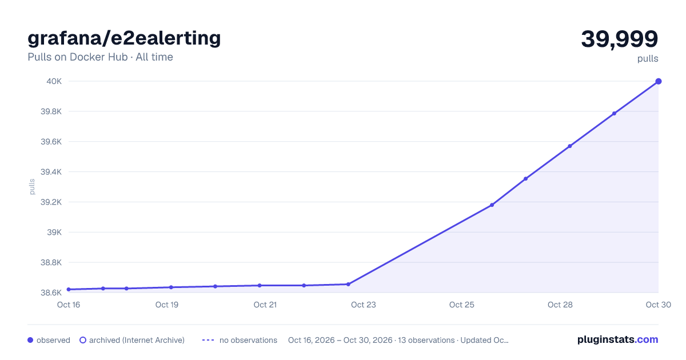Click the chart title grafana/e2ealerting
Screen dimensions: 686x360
[x=124, y=38]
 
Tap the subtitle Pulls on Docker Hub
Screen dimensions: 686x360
[x=78, y=57]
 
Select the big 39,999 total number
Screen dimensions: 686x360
[x=619, y=39]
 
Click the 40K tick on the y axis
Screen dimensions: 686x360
[x=54, y=81]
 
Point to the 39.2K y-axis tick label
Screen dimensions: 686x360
[x=51, y=202]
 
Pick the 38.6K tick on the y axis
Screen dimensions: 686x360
[x=51, y=293]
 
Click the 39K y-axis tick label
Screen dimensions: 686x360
[x=54, y=233]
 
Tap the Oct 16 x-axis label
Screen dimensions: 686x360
[x=69, y=305]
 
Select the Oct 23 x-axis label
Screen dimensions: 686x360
[x=363, y=305]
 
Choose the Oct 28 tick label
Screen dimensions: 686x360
[x=560, y=305]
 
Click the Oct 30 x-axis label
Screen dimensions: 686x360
[x=658, y=305]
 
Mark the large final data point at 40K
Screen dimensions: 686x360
[x=659, y=81]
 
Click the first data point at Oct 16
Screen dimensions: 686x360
[x=69, y=289]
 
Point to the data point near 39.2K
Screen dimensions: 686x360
[x=492, y=205]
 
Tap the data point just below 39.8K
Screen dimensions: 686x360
[x=614, y=114]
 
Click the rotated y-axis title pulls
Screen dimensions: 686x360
[x=32, y=187]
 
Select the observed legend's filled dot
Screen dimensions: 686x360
[x=30, y=340]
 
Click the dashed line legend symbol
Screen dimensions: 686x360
[x=208, y=340]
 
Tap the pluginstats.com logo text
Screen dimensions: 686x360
[x=618, y=339]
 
